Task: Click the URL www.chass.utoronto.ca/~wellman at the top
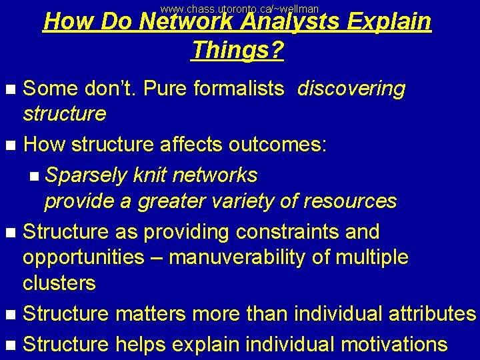(x=240, y=9)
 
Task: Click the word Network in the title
(x=185, y=23)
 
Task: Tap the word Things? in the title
(x=237, y=49)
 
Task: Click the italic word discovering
(x=351, y=89)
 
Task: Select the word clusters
(x=59, y=283)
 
